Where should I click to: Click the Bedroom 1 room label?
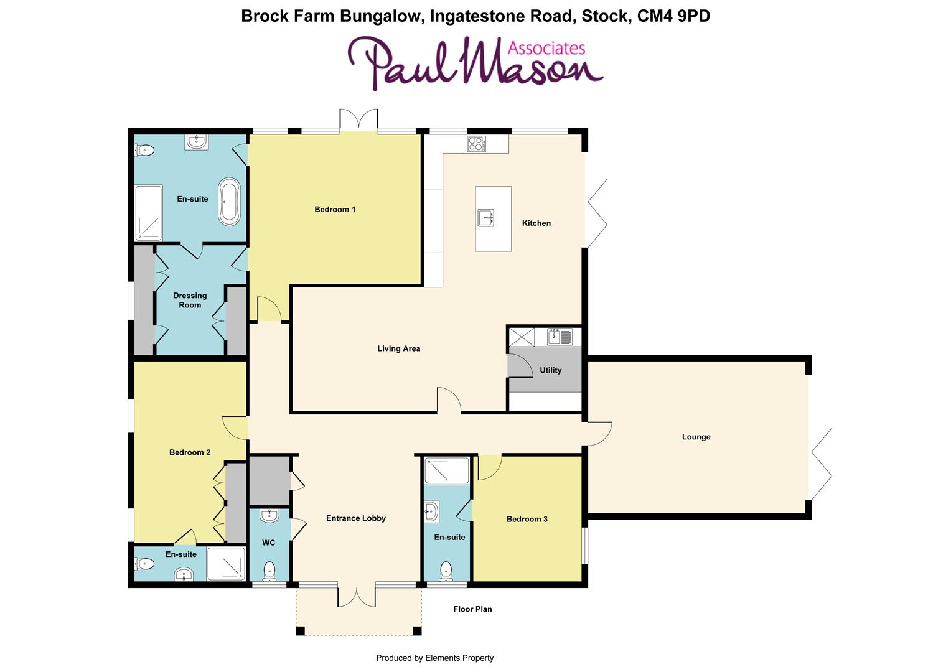coord(335,210)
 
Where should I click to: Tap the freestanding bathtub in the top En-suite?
coord(229,202)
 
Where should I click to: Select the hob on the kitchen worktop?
coord(477,144)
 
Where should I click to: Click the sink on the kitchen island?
coord(486,218)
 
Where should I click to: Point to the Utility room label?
coord(550,370)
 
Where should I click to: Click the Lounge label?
coord(696,437)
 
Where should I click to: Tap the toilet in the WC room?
coord(269,571)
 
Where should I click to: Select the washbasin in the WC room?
coord(269,515)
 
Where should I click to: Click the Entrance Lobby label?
coord(356,518)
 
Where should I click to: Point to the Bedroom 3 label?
coord(527,519)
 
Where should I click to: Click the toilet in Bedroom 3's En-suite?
coord(446,571)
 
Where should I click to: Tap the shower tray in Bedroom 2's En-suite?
coord(226,564)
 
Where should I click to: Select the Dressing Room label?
coord(190,301)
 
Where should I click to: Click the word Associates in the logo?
coord(546,48)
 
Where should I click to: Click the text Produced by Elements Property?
coord(434,658)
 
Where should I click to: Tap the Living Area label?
coord(398,348)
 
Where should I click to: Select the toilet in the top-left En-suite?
coord(144,150)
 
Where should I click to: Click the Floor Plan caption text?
coord(472,609)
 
